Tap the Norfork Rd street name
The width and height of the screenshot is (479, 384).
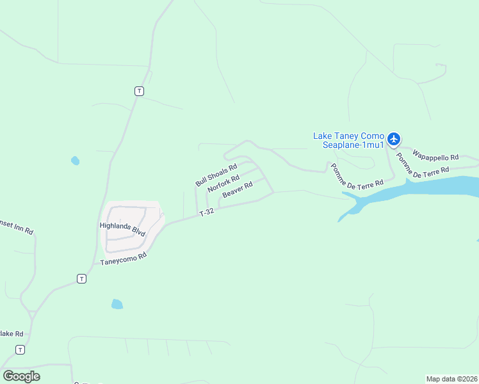tap(223, 184)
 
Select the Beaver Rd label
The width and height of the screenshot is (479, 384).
tap(238, 189)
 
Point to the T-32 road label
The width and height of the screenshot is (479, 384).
tap(206, 212)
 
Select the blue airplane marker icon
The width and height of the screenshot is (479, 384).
tap(393, 138)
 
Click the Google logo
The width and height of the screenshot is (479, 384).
tap(22, 376)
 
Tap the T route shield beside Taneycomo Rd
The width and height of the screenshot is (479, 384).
tap(81, 278)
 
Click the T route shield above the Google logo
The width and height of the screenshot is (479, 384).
tap(20, 349)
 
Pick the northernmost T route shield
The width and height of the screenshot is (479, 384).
tap(139, 91)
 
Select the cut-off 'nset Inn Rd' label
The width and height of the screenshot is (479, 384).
tap(17, 228)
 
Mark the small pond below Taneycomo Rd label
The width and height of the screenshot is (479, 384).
tap(117, 304)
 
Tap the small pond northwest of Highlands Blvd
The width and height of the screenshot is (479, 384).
tap(76, 161)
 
